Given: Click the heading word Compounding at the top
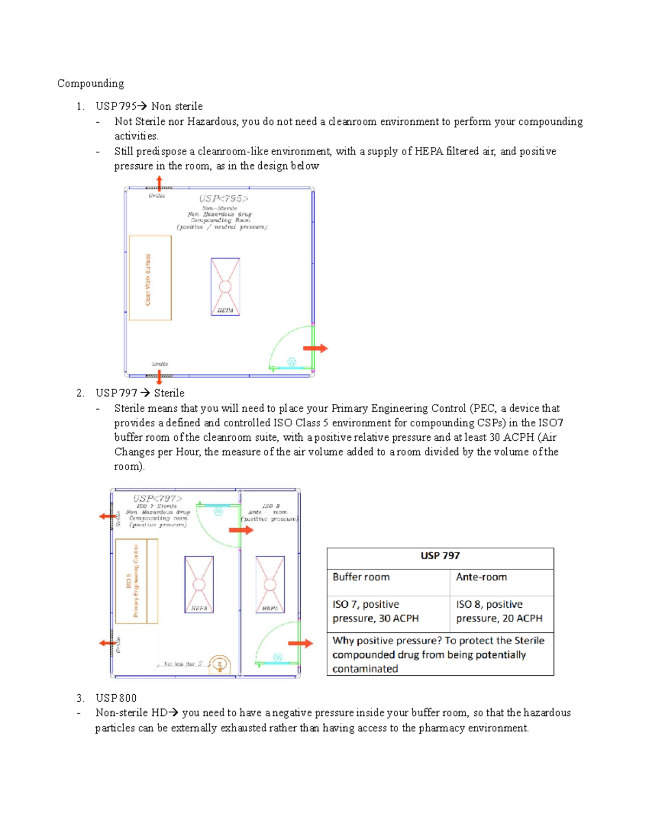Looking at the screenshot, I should pyautogui.click(x=90, y=83).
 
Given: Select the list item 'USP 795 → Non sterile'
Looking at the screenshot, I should pyautogui.click(x=149, y=106).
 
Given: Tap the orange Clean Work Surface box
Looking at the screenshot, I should pyautogui.click(x=150, y=278).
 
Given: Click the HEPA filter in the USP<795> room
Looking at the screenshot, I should pyautogui.click(x=225, y=286).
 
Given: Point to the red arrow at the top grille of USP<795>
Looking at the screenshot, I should pyautogui.click(x=159, y=183).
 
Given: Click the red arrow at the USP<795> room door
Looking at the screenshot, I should pyautogui.click(x=315, y=348).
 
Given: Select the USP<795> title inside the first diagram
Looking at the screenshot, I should pyautogui.click(x=223, y=198).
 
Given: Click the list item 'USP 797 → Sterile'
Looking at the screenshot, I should pyautogui.click(x=140, y=393).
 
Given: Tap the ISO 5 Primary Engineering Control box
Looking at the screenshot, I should pyautogui.click(x=136, y=581).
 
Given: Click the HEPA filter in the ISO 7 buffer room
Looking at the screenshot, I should pyautogui.click(x=199, y=584).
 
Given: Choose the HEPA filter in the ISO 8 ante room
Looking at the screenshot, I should pyautogui.click(x=270, y=584).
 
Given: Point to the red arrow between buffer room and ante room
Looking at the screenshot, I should pyautogui.click(x=241, y=530).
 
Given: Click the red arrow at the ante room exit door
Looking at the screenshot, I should pyautogui.click(x=300, y=643).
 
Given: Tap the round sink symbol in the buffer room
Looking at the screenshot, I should pyautogui.click(x=220, y=665).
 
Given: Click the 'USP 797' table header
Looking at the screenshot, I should pyautogui.click(x=440, y=556).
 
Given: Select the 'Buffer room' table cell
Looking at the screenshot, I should pyautogui.click(x=361, y=577).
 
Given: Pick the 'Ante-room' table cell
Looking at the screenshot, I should pyautogui.click(x=481, y=577).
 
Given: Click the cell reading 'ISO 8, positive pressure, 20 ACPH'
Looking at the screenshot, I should pyautogui.click(x=499, y=611).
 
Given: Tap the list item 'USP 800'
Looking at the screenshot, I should pyautogui.click(x=116, y=698).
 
